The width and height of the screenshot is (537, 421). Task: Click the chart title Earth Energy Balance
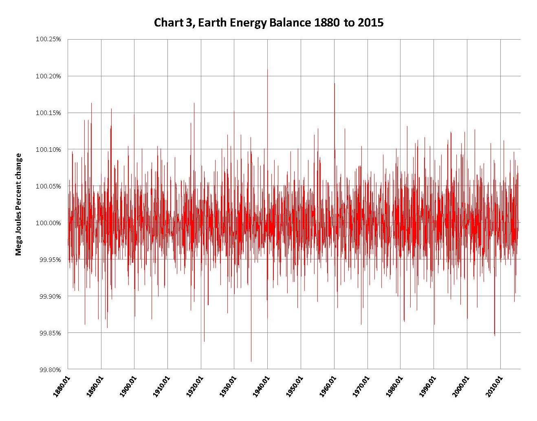click(x=268, y=22)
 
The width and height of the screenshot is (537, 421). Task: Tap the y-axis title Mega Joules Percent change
click(x=18, y=204)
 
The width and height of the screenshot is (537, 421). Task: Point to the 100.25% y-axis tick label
click(x=48, y=39)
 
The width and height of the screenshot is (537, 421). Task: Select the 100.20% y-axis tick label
click(x=48, y=76)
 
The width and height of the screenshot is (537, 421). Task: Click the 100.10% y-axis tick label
click(x=48, y=149)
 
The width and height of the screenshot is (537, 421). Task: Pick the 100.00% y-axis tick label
click(x=48, y=223)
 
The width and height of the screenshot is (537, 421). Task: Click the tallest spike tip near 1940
click(x=267, y=69)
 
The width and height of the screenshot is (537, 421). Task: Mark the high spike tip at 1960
click(x=335, y=84)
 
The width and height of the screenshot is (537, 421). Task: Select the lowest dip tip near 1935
click(x=251, y=361)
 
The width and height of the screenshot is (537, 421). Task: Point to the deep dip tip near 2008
click(x=495, y=335)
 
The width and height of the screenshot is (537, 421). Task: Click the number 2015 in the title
click(x=371, y=22)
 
